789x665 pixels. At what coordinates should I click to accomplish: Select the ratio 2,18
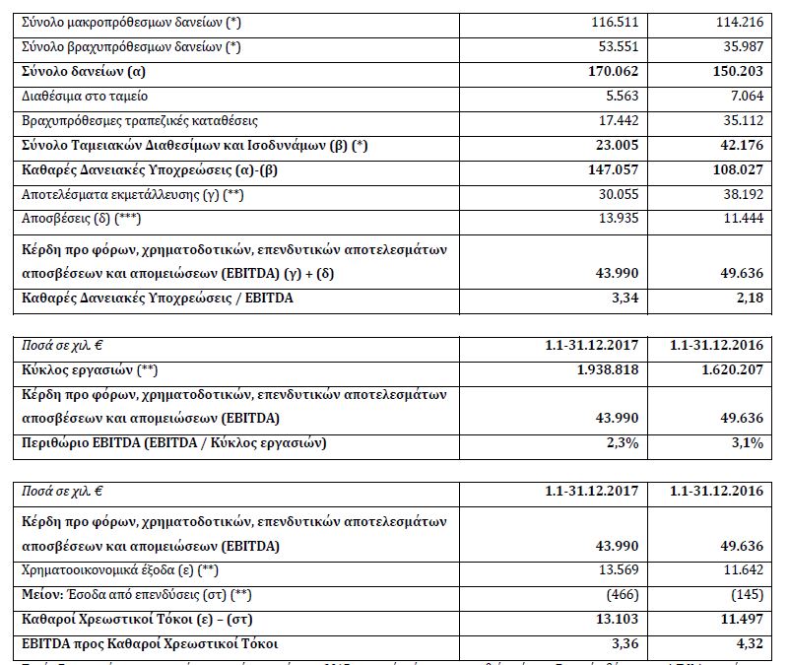point(748,297)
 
